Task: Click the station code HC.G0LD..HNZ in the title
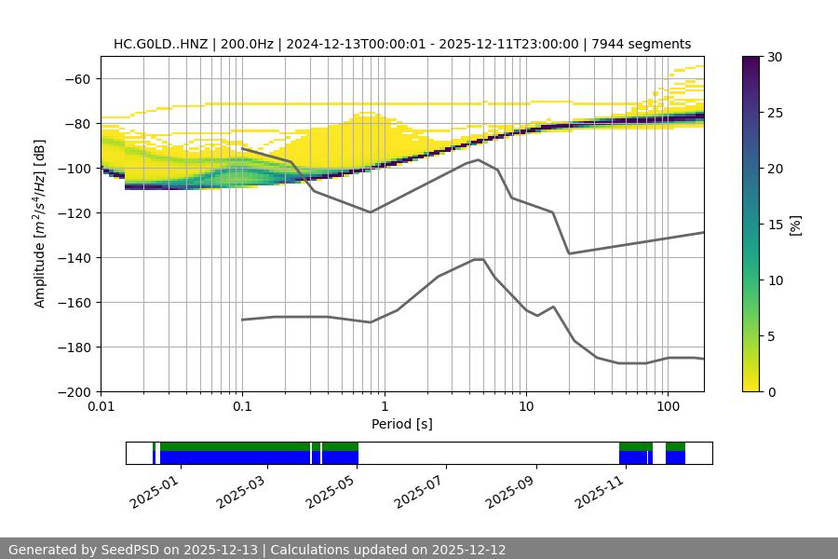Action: coord(162,44)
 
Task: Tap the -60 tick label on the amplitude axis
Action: coord(76,78)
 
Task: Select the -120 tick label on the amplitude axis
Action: coord(73,212)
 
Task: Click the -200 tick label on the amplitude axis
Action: coord(73,391)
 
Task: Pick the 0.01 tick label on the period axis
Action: coord(101,407)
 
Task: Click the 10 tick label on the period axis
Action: coord(525,407)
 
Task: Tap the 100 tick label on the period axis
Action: coord(667,407)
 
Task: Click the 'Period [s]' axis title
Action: coord(401,424)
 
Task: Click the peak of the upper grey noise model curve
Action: coord(479,159)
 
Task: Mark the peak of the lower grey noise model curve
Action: coord(479,259)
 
